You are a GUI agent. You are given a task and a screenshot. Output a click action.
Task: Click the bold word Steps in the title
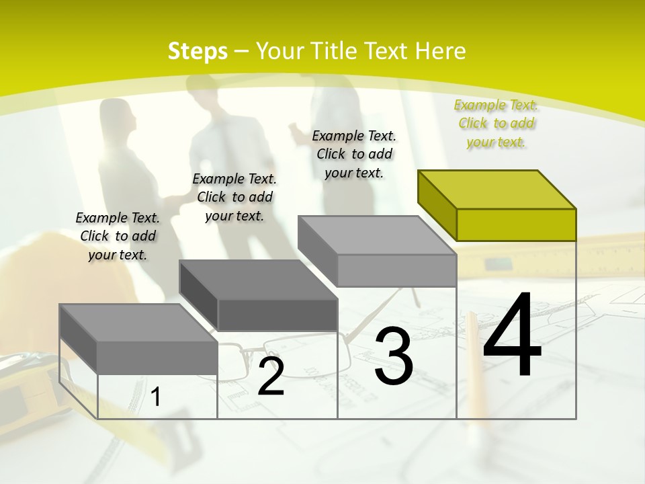point(198,51)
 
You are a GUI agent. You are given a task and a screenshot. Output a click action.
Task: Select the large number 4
point(512,336)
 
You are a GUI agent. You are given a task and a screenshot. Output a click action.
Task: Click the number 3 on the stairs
point(394,356)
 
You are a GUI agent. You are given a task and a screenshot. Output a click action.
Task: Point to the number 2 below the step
point(271,377)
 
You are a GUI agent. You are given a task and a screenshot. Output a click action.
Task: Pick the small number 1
point(156,397)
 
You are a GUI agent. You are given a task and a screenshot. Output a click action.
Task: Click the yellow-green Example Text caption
point(496,123)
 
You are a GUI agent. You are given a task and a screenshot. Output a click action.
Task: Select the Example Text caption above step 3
point(354,154)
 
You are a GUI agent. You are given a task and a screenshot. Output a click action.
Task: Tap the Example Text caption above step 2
point(234,197)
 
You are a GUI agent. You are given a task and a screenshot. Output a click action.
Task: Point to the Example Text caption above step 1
point(118,236)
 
